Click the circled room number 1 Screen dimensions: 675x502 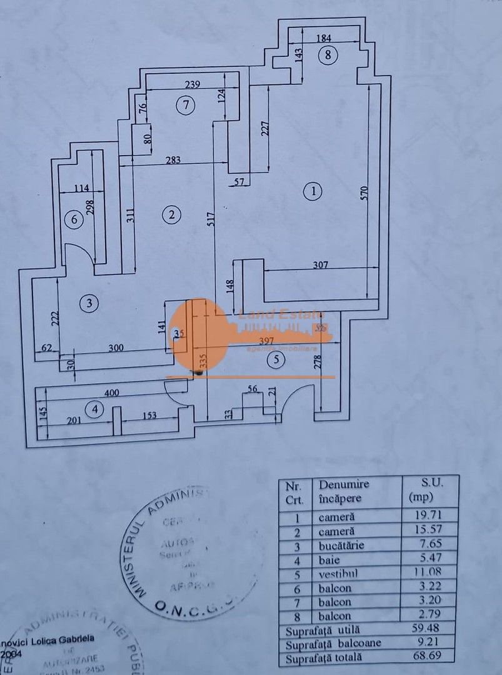click(313, 191)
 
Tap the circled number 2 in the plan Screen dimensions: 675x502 click(171, 215)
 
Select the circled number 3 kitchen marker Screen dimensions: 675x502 click(90, 304)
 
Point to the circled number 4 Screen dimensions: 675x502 click(95, 410)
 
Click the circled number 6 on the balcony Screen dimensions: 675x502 click(74, 219)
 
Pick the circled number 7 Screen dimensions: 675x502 click(185, 106)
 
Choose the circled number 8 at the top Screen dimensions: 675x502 click(328, 55)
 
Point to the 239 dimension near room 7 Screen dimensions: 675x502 click(192, 86)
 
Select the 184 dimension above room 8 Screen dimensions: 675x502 click(323, 38)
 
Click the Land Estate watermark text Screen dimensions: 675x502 click(282, 316)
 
